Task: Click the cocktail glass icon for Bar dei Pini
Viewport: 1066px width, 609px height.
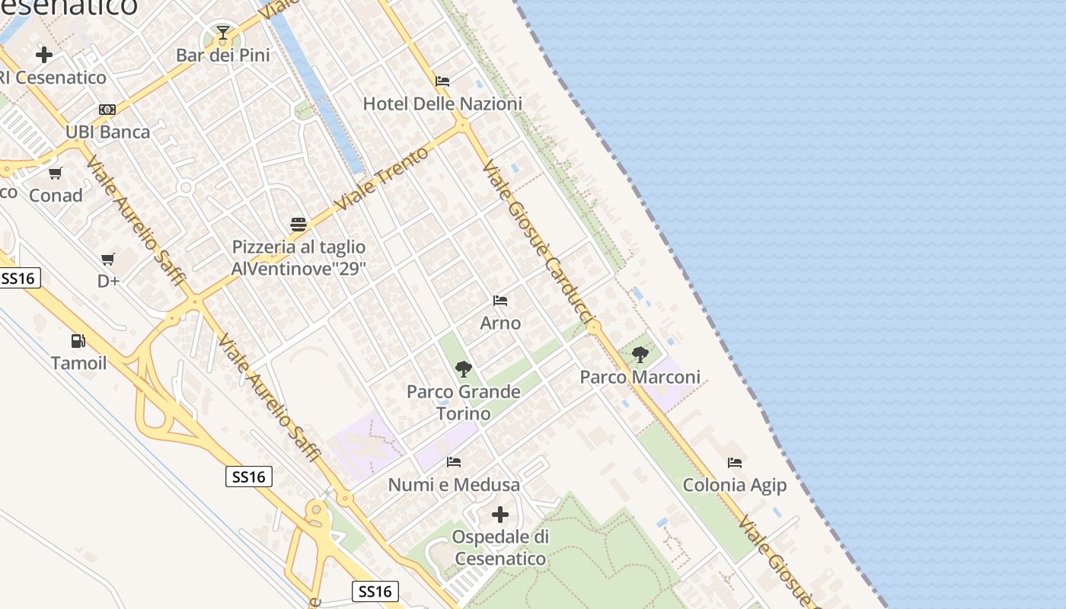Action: pyautogui.click(x=223, y=33)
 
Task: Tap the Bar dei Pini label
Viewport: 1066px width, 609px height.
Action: pyautogui.click(x=223, y=56)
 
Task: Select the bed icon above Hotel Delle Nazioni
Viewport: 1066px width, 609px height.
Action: pyautogui.click(x=442, y=81)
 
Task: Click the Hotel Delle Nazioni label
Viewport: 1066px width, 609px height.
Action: pyautogui.click(x=442, y=104)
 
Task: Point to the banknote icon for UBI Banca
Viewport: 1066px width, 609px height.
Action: pyautogui.click(x=107, y=110)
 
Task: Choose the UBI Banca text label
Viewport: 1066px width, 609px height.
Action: pyautogui.click(x=107, y=132)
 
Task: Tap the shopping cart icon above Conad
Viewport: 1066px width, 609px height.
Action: pyautogui.click(x=56, y=174)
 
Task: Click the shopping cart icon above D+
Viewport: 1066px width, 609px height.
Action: pyautogui.click(x=108, y=259)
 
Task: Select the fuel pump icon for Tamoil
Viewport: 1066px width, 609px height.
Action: pyautogui.click(x=78, y=341)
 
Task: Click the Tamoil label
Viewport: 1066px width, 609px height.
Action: pyautogui.click(x=79, y=363)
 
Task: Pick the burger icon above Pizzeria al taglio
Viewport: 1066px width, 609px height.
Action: pyautogui.click(x=298, y=225)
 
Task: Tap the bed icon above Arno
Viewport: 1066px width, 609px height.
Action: pyautogui.click(x=500, y=301)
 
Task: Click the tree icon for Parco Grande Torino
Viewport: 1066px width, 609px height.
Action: pyautogui.click(x=463, y=370)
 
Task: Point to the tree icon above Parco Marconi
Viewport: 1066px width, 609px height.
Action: pyautogui.click(x=640, y=354)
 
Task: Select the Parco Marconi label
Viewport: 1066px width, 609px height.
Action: pyautogui.click(x=640, y=377)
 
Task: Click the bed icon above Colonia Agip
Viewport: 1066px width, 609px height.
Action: pyautogui.click(x=735, y=462)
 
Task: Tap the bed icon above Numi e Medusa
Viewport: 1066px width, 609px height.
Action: pyautogui.click(x=454, y=462)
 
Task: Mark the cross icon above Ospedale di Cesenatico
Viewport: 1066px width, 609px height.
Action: pyautogui.click(x=500, y=515)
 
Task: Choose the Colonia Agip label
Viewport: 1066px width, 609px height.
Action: pyautogui.click(x=735, y=485)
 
